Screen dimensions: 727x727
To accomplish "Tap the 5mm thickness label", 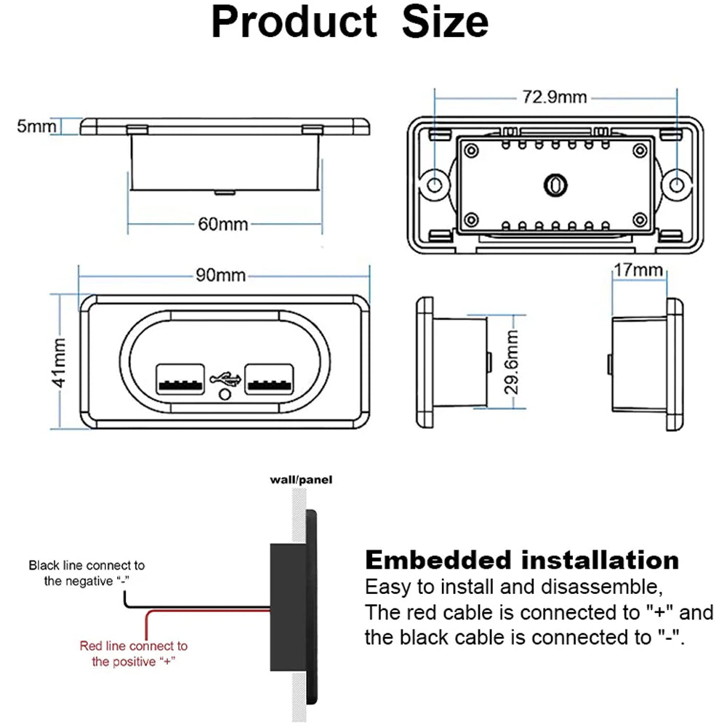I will click(x=36, y=126).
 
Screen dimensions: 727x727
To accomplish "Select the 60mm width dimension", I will click(x=223, y=224).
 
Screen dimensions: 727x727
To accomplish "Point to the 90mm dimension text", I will click(x=220, y=276).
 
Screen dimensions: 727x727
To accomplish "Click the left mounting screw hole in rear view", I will click(x=435, y=185).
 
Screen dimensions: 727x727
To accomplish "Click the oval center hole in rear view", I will click(x=555, y=185).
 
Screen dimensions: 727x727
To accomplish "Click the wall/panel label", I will click(x=292, y=481).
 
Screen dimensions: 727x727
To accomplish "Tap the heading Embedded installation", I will click(x=521, y=560).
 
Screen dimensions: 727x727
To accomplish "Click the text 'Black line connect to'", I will click(x=87, y=565).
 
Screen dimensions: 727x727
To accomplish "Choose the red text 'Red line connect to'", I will click(x=133, y=646).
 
